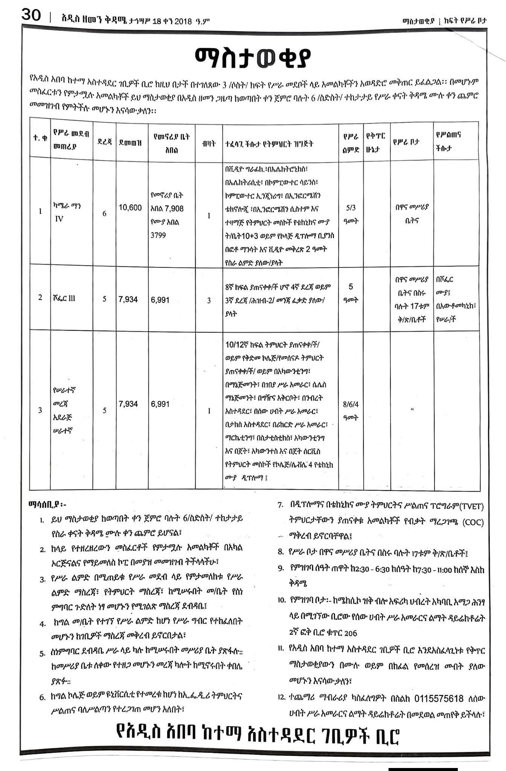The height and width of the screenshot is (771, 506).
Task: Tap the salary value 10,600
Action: (x=130, y=207)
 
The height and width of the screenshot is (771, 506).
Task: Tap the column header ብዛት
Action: (x=209, y=143)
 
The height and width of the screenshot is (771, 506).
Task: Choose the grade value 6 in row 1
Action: (x=104, y=213)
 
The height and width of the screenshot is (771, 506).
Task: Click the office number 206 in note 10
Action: (x=350, y=633)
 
